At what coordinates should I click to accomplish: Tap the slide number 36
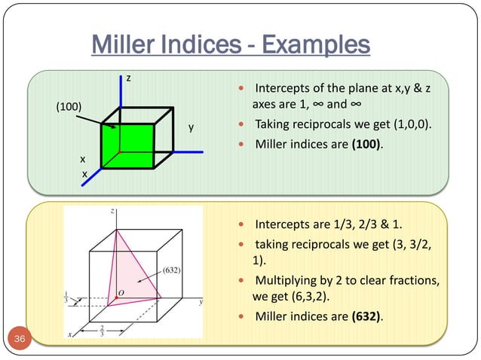tap(20, 343)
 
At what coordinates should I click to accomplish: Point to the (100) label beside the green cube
tap(69, 106)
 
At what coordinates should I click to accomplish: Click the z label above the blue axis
tap(128, 78)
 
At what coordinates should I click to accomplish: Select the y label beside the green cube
tap(191, 127)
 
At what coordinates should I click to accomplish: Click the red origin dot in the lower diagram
tap(116, 299)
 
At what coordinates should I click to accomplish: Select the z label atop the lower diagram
tap(112, 212)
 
